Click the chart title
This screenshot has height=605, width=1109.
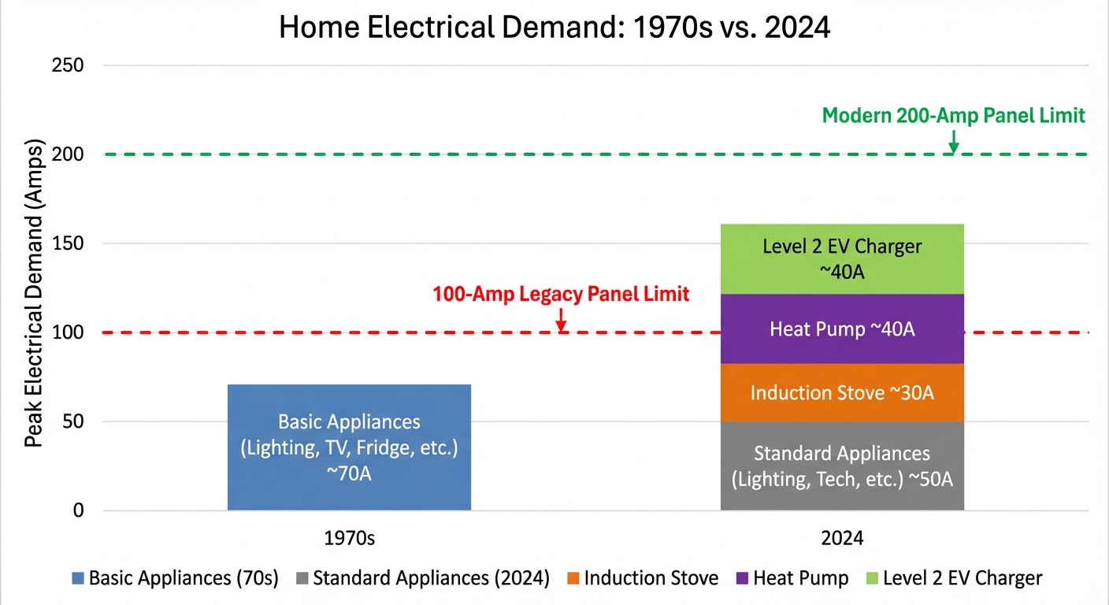pos(554,28)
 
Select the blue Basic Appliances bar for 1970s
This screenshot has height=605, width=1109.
pos(349,447)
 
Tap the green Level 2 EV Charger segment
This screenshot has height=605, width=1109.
pos(842,258)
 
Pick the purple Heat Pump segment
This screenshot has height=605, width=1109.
pos(842,328)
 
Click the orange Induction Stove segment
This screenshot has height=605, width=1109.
pos(842,392)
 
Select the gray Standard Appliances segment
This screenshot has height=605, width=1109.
pos(842,466)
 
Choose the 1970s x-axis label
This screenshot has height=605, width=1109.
pos(349,539)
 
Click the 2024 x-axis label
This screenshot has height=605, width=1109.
pos(842,539)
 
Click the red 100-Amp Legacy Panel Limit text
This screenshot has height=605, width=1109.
pos(561,295)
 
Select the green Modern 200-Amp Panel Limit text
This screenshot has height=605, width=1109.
pos(954,116)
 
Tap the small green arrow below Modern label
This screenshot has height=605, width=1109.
pos(954,142)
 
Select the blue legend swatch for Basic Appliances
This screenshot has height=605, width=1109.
pos(77,579)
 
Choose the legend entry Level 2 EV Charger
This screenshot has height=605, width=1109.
pos(962,578)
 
